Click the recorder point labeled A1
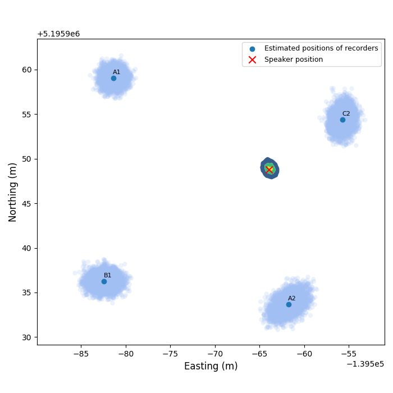pyautogui.click(x=113, y=78)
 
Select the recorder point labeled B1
pyautogui.click(x=104, y=281)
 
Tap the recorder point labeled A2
pyautogui.click(x=289, y=304)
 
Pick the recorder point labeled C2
pyautogui.click(x=342, y=120)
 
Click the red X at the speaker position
pyautogui.click(x=269, y=169)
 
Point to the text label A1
pyautogui.click(x=117, y=72)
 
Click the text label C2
pyautogui.click(x=346, y=113)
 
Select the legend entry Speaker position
pyautogui.click(x=294, y=60)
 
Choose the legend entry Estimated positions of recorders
pyautogui.click(x=321, y=48)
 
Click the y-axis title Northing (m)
pyautogui.click(x=13, y=192)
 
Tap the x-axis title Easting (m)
pyautogui.click(x=211, y=367)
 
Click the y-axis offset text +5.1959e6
pyautogui.click(x=58, y=34)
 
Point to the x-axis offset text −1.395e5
pyautogui.click(x=365, y=364)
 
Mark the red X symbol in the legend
pyautogui.click(x=252, y=60)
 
